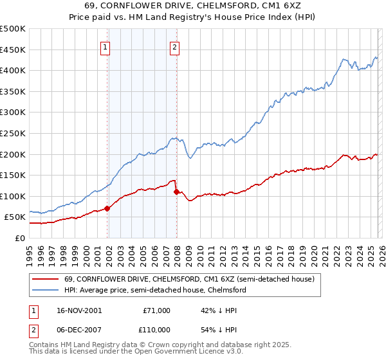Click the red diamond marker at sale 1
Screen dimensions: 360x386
[x=107, y=208]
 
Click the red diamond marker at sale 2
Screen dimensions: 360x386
[x=176, y=192]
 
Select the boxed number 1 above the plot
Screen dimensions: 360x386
[x=105, y=46]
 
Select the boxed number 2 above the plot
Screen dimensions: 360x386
[x=174, y=46]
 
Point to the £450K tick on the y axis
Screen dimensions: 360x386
[x=14, y=50]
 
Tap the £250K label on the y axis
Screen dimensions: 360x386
[x=14, y=133]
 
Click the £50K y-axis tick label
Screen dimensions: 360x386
[x=15, y=217]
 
